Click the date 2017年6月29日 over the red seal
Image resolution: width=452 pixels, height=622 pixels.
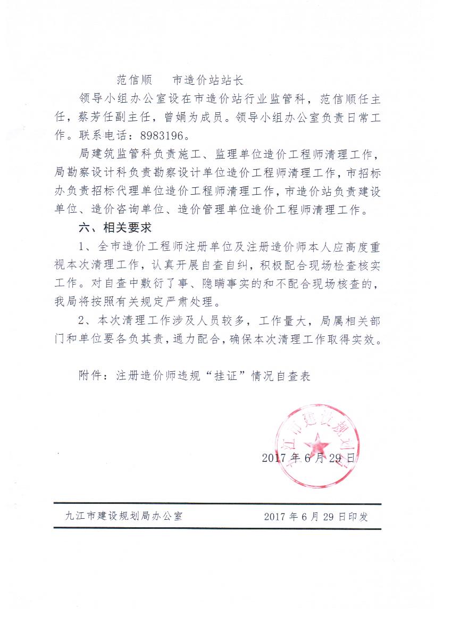(x=308, y=458)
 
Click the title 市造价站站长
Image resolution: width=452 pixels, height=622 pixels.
(x=208, y=81)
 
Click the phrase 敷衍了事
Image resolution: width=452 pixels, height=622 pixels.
(x=170, y=284)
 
